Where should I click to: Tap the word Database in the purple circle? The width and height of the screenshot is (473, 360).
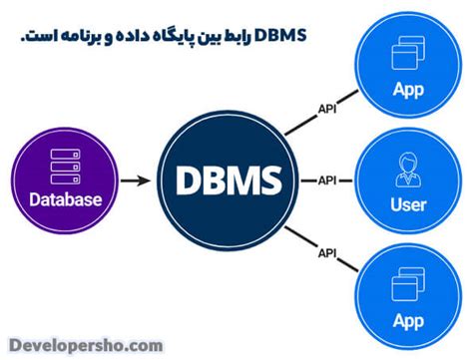point(63,199)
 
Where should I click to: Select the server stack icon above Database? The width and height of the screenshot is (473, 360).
point(63,167)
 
